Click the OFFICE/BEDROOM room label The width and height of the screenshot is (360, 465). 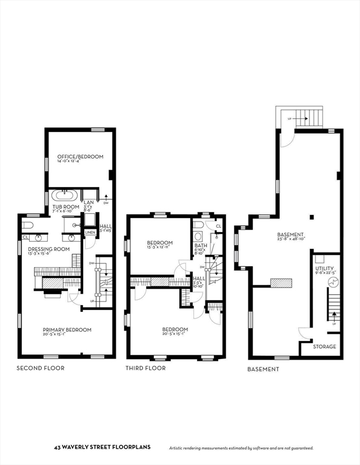point(80,156)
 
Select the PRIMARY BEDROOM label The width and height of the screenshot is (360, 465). point(67,329)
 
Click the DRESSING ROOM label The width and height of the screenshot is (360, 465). point(48,249)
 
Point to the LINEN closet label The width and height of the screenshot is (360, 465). point(90,232)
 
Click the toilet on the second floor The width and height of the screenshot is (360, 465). point(26,225)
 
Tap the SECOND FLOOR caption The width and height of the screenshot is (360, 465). point(40,368)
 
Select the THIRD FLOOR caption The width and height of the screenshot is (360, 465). point(145,368)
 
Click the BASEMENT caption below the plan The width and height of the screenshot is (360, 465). point(264,369)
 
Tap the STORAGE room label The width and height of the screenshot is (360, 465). point(322,347)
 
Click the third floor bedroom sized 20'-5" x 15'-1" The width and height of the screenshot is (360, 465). point(175,329)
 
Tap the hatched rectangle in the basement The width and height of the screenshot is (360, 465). point(281,283)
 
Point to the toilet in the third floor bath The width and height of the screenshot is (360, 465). point(198,225)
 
